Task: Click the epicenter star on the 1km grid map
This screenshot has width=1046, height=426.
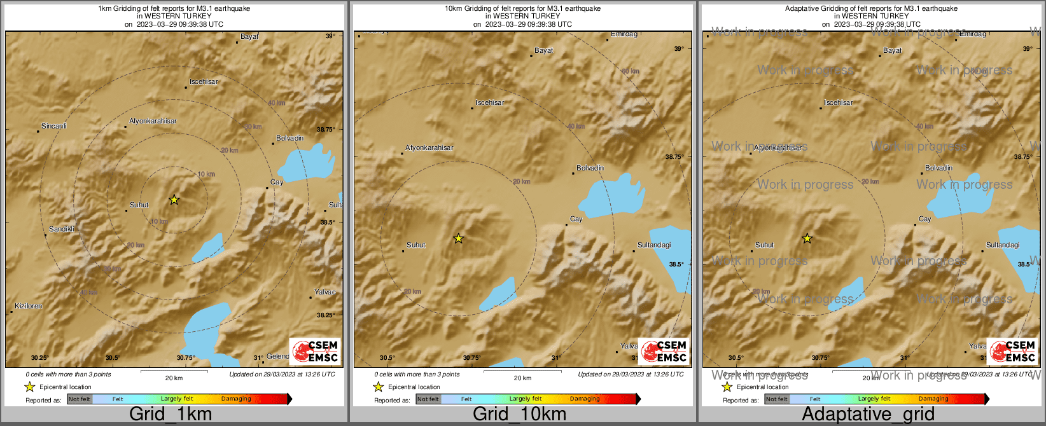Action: (x=174, y=200)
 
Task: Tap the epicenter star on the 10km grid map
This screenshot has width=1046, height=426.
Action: (x=458, y=238)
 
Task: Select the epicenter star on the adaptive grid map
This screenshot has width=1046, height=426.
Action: (x=807, y=238)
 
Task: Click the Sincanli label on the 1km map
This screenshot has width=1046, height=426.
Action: (x=54, y=126)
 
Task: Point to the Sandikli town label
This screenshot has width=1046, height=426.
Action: (x=62, y=229)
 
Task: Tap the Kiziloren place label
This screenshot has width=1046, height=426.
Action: (x=29, y=306)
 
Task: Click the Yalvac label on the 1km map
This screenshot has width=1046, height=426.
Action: (x=325, y=292)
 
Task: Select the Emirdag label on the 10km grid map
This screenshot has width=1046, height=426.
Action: (x=624, y=34)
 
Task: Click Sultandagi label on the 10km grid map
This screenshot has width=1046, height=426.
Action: (x=654, y=245)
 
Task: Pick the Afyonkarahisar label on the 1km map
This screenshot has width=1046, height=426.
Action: (x=153, y=121)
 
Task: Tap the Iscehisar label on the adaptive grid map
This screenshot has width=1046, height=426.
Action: (x=838, y=102)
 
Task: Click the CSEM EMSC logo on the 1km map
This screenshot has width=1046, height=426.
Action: (x=314, y=351)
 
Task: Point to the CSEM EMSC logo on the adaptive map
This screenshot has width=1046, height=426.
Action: (x=1012, y=351)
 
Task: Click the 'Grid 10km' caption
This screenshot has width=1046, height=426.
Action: (x=519, y=414)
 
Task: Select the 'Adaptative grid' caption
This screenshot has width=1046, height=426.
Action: (x=868, y=414)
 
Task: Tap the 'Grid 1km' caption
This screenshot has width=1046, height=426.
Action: (x=171, y=414)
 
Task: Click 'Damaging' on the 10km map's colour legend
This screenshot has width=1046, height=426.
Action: (x=585, y=399)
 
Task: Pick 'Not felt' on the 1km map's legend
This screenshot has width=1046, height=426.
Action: (x=80, y=399)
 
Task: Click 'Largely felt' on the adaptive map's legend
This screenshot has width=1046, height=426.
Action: (x=874, y=399)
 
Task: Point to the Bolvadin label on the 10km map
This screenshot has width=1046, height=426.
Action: (x=590, y=168)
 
